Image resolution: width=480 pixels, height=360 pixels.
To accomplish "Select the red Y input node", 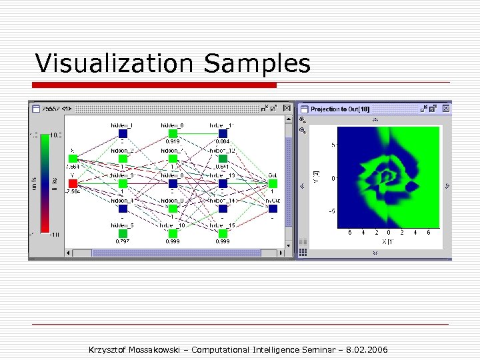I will pos(73,183).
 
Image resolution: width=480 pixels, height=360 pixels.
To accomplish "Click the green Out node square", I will pos(273,183).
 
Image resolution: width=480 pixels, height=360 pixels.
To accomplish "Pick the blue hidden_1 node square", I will pos(123,133).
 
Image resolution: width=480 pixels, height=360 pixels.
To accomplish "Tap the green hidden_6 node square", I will pos(173,133).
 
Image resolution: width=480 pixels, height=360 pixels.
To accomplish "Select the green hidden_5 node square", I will pos(123,233).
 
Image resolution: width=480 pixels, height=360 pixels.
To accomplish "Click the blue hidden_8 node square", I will pos(173,183).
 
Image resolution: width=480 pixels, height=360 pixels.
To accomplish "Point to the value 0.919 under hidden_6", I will pos(173,142).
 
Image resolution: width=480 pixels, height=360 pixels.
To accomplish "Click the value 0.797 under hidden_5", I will pos(123,242).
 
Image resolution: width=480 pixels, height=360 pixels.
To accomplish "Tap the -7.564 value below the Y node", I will pos(73,191).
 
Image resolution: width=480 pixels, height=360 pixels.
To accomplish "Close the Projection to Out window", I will pos(447,108).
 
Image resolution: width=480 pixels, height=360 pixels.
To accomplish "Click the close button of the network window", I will pos(287,108).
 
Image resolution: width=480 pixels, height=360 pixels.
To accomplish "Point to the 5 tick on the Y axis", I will pos(333,144).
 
